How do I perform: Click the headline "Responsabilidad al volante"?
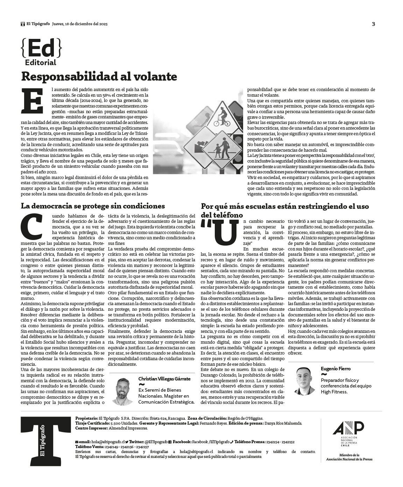[x=99, y=76]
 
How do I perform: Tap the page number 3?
[x=373, y=24]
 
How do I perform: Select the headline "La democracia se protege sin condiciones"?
[x=93, y=206]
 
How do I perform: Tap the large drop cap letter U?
[x=221, y=233]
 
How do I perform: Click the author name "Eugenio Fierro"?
[x=335, y=369]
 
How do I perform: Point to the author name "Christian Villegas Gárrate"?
[x=164, y=379]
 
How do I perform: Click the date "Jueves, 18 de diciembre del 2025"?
[x=80, y=24]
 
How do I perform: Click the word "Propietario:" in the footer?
[x=86, y=418]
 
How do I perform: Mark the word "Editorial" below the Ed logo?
[x=41, y=63]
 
